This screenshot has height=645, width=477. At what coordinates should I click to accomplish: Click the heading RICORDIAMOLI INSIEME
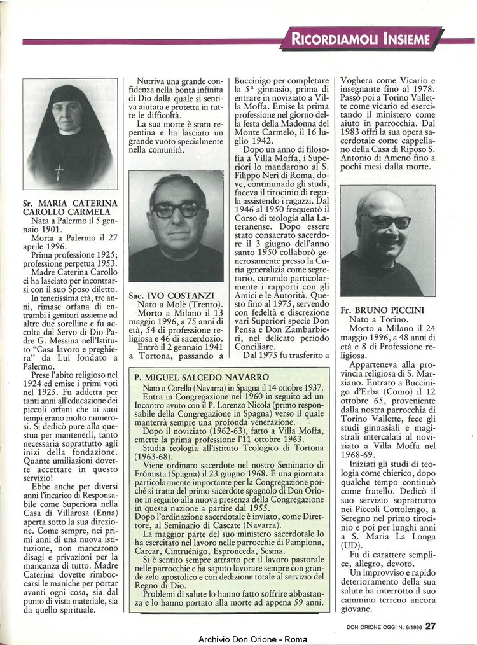(x=361, y=39)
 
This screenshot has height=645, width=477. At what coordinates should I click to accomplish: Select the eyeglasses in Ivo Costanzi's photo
(x=177, y=209)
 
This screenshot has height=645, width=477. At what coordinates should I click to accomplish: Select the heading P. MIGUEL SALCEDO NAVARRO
(x=201, y=377)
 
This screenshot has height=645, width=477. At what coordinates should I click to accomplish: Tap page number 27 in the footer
(x=431, y=625)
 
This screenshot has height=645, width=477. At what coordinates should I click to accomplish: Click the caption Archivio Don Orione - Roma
(x=244, y=639)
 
